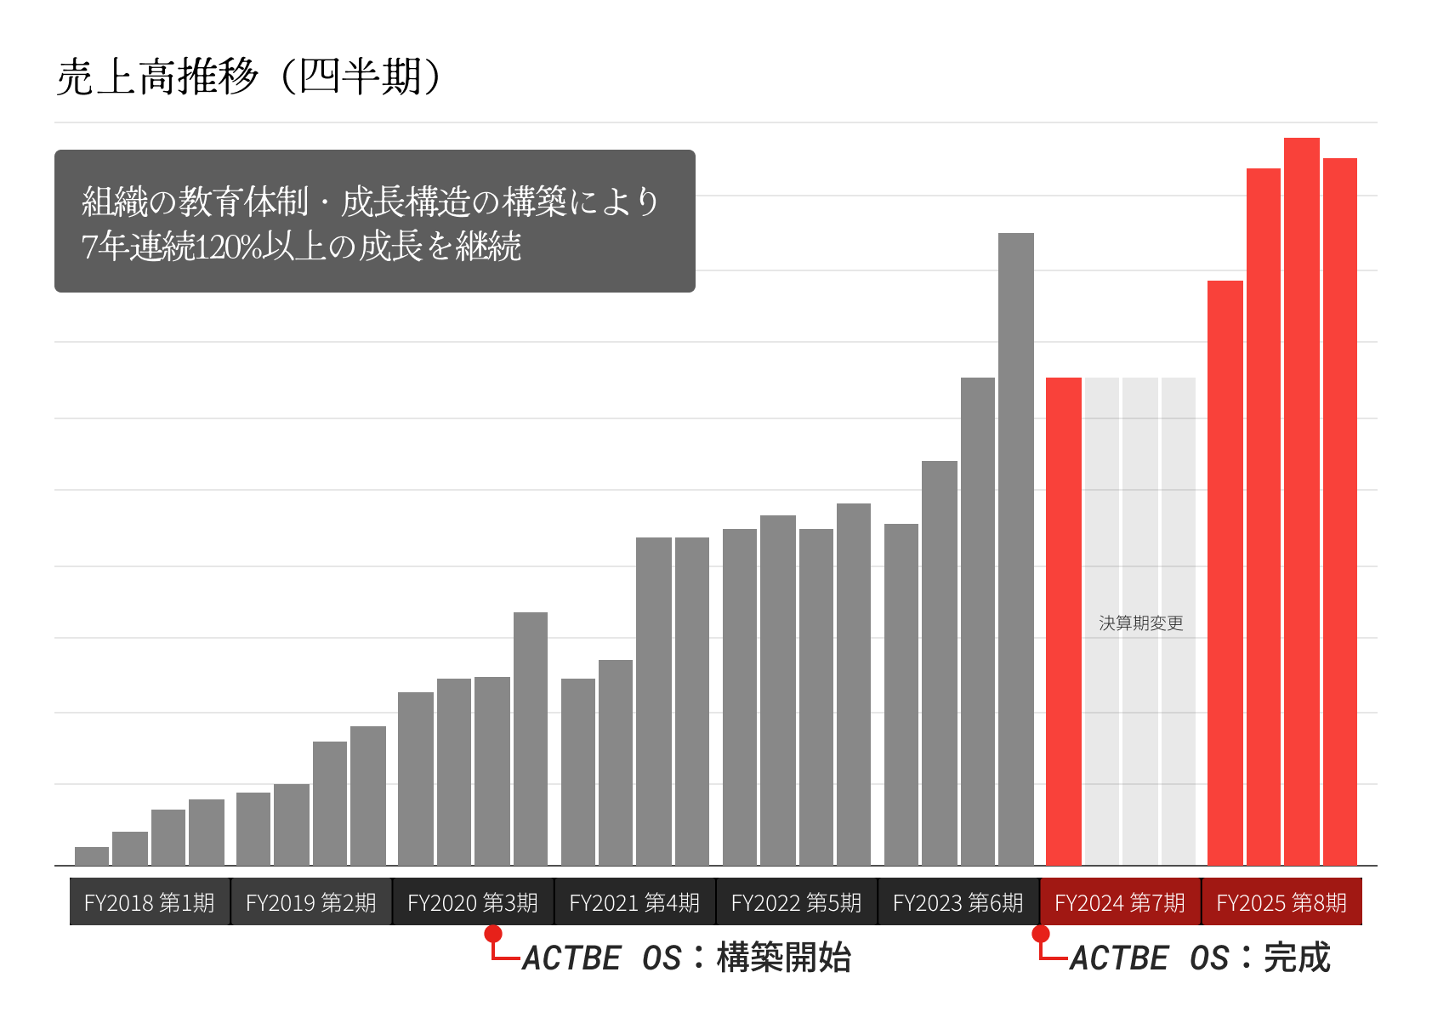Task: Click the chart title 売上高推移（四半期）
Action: (248, 77)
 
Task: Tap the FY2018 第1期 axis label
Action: (150, 902)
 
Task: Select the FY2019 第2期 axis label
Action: (311, 902)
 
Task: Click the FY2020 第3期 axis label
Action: (473, 902)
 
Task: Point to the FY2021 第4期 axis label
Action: (634, 902)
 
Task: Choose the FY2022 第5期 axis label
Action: (797, 902)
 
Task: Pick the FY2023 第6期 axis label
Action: (958, 902)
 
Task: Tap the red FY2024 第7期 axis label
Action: (1120, 902)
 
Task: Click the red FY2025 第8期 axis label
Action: (1281, 902)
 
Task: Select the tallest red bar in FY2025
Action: (1302, 502)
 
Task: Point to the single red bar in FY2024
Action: (1064, 621)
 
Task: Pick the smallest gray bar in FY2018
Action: (92, 856)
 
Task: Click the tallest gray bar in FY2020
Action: (531, 739)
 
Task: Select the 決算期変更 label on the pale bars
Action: (1141, 623)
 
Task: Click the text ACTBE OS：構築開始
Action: (686, 958)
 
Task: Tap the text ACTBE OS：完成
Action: (1200, 958)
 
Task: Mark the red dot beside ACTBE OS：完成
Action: (1040, 934)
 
